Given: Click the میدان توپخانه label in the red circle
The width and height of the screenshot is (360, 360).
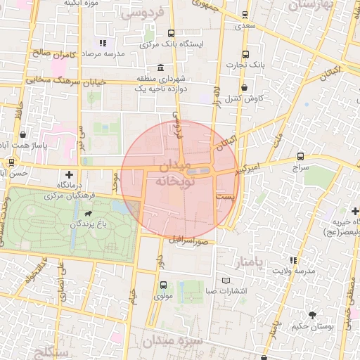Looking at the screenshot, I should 173,174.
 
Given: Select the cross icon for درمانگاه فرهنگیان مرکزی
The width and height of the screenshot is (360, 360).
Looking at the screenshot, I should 69,174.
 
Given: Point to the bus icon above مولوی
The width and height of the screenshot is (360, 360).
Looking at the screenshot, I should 163,285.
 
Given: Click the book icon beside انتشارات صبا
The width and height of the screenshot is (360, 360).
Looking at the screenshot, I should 226,281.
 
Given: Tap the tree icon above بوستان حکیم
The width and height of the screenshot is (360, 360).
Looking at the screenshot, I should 311,314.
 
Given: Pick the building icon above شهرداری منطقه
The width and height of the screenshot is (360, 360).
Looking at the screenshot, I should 162,68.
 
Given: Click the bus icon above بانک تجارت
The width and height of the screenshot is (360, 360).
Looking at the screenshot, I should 245,54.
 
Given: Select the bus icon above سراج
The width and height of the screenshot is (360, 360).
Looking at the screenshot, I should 300,156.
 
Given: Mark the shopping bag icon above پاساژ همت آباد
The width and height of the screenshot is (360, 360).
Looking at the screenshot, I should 24,134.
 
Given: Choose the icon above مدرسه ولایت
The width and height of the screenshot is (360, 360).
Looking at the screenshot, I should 304,258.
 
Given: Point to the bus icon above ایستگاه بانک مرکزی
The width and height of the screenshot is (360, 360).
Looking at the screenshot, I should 171,32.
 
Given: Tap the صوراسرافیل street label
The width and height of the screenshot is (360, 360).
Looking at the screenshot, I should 190,240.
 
